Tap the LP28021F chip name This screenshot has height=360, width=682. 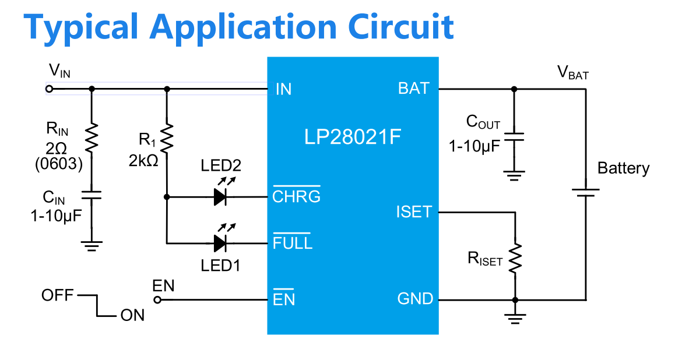pos(352,137)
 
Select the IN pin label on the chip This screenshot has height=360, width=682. pos(283,89)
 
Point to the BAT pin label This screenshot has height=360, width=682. pos(413,89)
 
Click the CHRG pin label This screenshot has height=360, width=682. pos(296,196)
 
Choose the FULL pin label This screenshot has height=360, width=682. pos(293,242)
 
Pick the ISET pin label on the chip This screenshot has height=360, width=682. pos(414,212)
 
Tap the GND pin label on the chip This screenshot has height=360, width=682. pos(415,299)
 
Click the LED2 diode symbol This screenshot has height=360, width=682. pos(220,197)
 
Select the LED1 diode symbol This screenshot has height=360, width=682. pos(220,242)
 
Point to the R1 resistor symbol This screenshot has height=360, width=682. pos(167,139)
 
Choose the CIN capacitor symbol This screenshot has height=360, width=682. pos(92,194)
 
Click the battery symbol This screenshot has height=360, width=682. pos(585,192)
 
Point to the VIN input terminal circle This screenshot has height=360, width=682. pos(50,89)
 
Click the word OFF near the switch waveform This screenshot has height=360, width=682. pos(57,295)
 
